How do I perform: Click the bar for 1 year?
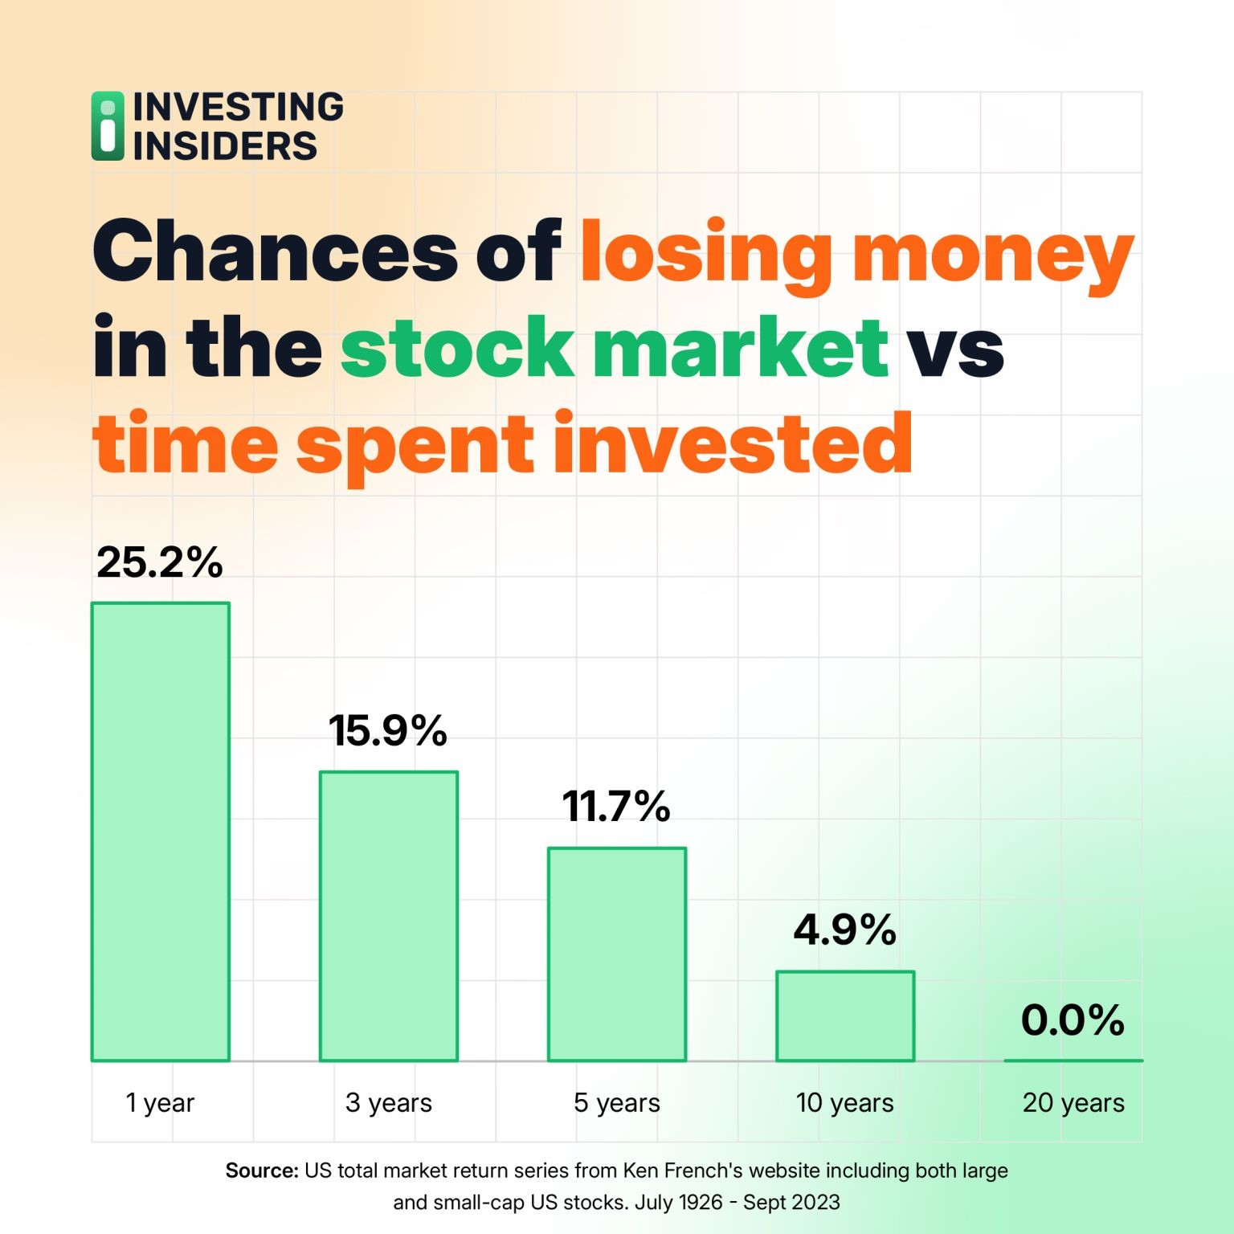161,832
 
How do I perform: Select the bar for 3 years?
389,916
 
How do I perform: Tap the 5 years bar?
617,954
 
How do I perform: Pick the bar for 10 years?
845,1015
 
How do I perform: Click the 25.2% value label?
160,562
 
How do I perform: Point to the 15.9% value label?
388,731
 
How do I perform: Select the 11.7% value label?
616,807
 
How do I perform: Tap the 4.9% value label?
845,930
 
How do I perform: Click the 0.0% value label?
1073,1020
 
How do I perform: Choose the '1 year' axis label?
160,1103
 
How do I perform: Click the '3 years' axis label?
389,1103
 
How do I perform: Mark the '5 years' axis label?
617,1103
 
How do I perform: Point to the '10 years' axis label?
845,1103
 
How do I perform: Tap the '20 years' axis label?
1073,1103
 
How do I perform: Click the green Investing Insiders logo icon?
108,126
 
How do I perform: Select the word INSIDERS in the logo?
225,146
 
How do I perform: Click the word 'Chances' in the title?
276,251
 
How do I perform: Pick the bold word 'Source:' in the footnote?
262,1171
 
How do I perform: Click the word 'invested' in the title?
733,443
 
